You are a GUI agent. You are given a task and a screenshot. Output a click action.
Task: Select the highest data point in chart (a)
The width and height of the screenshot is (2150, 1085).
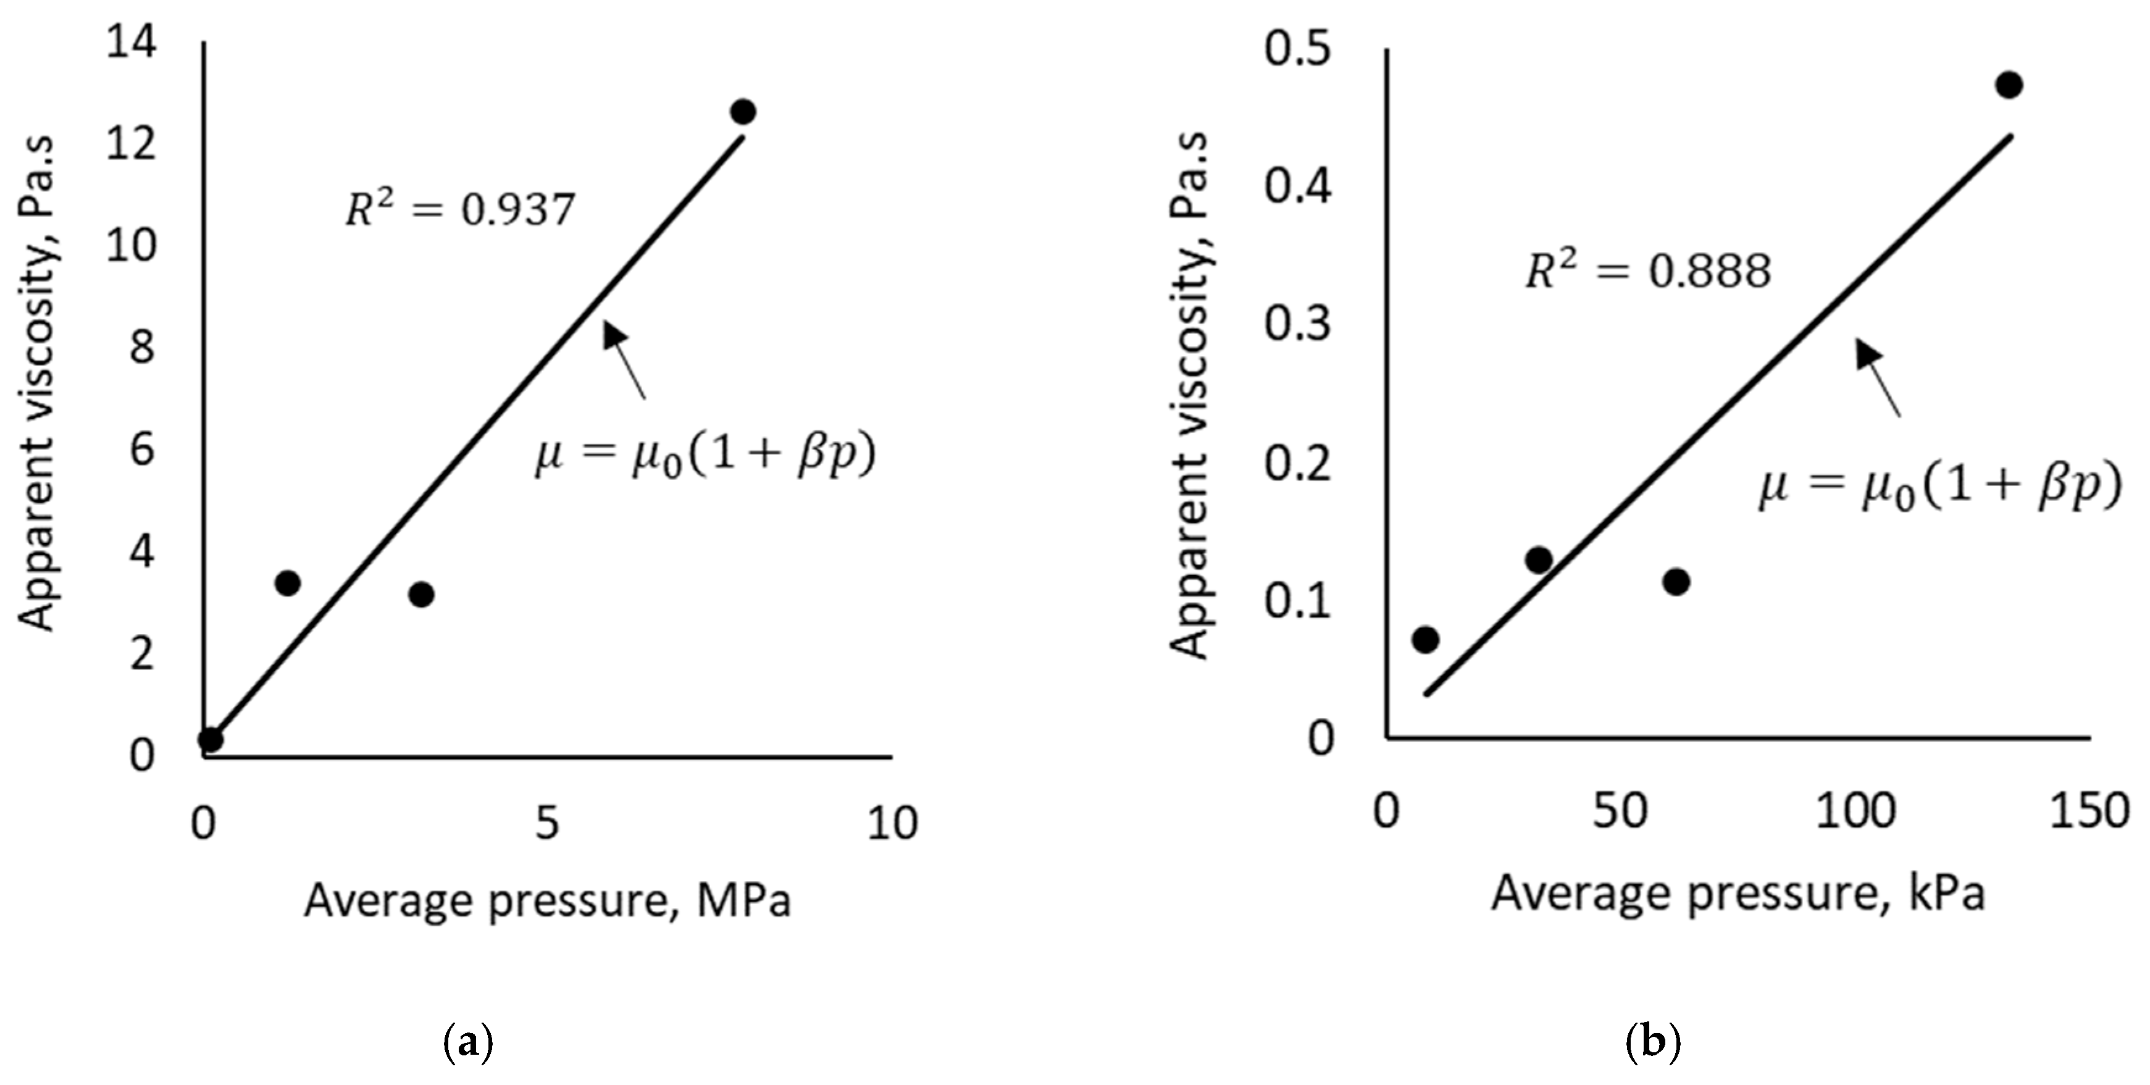(x=743, y=112)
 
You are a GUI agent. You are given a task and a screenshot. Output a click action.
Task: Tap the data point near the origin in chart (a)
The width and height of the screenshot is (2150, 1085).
(x=211, y=739)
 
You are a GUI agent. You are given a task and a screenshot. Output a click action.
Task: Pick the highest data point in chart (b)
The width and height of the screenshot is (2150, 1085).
(x=2009, y=85)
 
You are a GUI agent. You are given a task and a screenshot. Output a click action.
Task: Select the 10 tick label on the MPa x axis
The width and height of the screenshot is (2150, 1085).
(x=892, y=824)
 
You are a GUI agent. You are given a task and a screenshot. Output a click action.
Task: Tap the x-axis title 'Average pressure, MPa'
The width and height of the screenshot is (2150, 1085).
(x=548, y=902)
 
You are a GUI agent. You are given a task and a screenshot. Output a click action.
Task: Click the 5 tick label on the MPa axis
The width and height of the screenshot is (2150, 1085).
(x=548, y=824)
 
